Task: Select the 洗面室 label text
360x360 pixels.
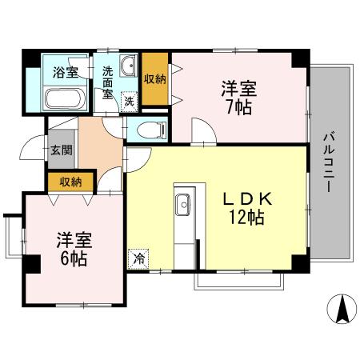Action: point(108,79)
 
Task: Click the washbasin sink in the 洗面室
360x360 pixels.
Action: point(128,66)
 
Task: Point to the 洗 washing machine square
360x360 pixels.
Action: point(128,101)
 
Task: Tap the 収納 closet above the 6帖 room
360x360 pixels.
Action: point(70,182)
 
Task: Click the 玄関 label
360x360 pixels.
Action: point(61,150)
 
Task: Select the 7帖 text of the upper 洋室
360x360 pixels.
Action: point(238,106)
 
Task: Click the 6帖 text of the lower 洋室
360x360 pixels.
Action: point(72,258)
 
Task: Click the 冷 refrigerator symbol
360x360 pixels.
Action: point(139,258)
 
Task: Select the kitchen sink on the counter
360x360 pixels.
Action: point(183,205)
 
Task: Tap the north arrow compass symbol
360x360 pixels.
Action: point(341,309)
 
